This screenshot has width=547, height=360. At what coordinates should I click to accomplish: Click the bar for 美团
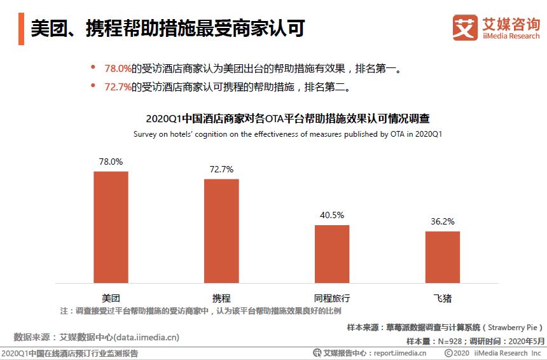[x=111, y=227]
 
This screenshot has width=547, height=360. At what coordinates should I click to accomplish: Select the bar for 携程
[x=221, y=231]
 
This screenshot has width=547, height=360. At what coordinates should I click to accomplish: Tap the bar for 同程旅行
[x=332, y=254]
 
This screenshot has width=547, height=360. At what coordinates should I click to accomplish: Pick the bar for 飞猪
[x=443, y=257]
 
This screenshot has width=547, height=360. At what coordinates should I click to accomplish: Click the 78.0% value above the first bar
[x=111, y=162]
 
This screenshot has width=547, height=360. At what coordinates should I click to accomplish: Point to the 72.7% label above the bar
[x=221, y=169]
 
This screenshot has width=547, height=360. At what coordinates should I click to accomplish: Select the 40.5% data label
[x=332, y=215]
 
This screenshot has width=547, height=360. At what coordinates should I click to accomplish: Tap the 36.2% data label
[x=443, y=221]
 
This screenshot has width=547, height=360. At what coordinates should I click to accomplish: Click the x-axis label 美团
[x=111, y=298]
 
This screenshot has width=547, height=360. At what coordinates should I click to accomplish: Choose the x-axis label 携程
[x=221, y=298]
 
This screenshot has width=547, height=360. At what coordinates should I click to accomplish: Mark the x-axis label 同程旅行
[x=332, y=298]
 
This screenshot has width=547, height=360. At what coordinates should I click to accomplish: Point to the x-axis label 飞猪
[x=443, y=298]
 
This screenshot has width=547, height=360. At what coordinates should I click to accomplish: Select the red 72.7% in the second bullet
[x=118, y=86]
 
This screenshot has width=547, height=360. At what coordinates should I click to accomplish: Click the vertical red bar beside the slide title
[x=22, y=28]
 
